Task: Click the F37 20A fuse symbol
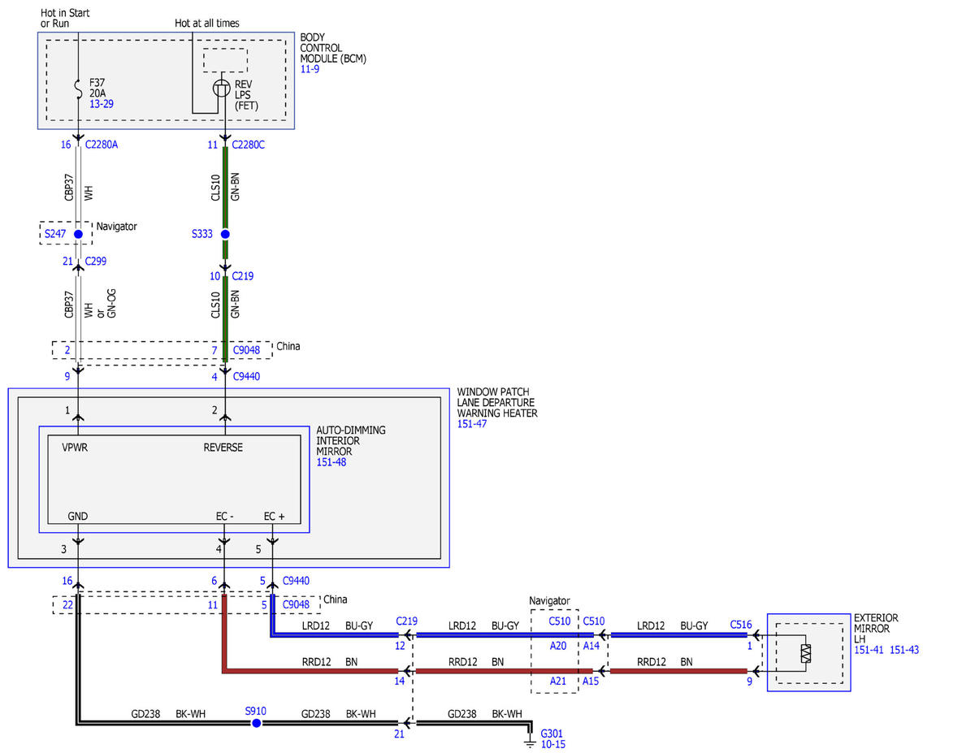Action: click(x=79, y=89)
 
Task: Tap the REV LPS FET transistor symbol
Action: click(x=221, y=88)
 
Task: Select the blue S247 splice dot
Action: click(x=78, y=234)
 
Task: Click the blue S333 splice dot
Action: click(x=225, y=234)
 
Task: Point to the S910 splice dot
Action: click(x=256, y=723)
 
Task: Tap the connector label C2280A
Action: click(x=102, y=145)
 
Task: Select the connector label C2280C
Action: click(x=248, y=145)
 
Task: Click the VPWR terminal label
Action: click(x=75, y=447)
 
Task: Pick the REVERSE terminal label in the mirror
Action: click(x=223, y=447)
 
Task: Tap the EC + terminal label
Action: click(x=274, y=516)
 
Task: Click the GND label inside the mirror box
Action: click(x=78, y=516)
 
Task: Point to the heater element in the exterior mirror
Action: click(x=806, y=653)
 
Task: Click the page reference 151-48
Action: click(x=331, y=462)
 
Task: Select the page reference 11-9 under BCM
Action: click(x=310, y=69)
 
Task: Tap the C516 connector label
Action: click(x=741, y=625)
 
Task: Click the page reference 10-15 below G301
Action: click(x=552, y=745)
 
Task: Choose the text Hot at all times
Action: click(x=207, y=24)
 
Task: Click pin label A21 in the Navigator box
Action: click(x=557, y=681)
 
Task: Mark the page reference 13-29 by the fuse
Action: click(x=102, y=104)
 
